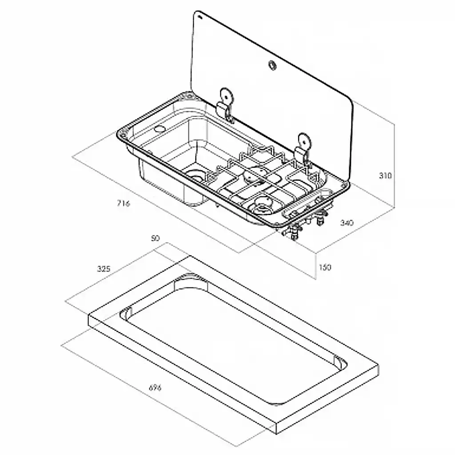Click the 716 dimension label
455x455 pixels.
click(123, 204)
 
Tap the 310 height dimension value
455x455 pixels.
click(385, 176)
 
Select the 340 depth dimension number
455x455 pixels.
click(347, 223)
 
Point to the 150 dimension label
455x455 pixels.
click(325, 267)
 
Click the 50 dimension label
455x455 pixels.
click(155, 239)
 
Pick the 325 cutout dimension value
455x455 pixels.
click(103, 268)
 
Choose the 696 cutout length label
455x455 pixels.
click(154, 388)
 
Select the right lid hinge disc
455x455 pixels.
click(305, 141)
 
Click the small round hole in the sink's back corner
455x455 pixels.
click(159, 129)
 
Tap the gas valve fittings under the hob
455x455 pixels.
click(307, 224)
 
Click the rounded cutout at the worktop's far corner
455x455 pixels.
click(188, 279)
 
